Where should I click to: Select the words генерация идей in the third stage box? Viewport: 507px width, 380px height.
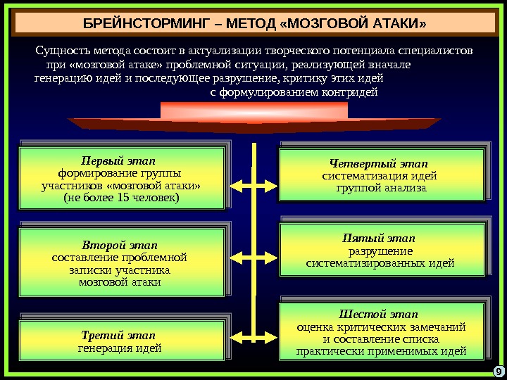[x=118, y=348]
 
